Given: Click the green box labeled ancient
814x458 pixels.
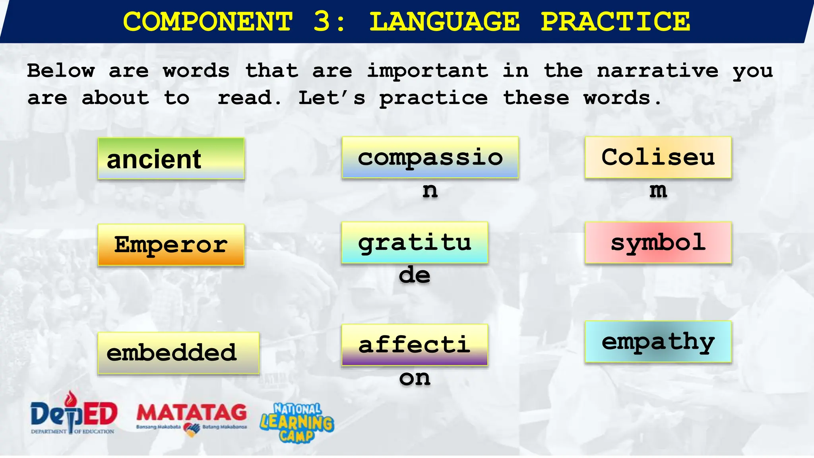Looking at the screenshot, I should click(171, 159).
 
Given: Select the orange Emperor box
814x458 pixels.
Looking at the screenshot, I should click(171, 245).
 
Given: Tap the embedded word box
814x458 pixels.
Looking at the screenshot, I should click(178, 353).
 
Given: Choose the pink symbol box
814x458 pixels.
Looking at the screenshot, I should click(658, 243).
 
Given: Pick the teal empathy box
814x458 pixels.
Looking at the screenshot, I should click(658, 342).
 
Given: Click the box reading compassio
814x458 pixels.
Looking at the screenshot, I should click(430, 157).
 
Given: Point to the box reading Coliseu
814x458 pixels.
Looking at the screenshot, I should click(658, 157).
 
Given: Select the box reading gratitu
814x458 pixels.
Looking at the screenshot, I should click(415, 243).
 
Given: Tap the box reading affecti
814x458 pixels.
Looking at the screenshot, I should click(415, 345).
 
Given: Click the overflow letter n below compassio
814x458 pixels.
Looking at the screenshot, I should click(430, 190).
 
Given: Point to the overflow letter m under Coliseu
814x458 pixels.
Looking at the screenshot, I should click(658, 190).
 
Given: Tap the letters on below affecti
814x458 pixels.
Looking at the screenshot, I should click(415, 378).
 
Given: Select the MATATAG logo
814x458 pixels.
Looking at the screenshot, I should click(192, 417).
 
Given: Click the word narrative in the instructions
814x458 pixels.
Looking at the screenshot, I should click(657, 71).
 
